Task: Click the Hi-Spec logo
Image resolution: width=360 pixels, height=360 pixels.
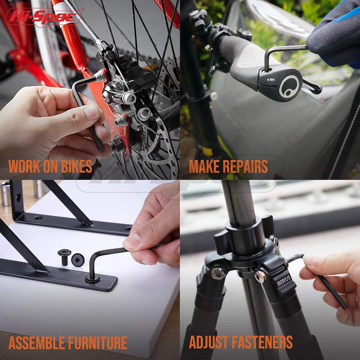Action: pos(43,18)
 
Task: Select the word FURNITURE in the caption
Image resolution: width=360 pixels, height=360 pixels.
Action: pos(98,343)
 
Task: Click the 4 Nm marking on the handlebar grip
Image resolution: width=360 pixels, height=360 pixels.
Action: pos(271,80)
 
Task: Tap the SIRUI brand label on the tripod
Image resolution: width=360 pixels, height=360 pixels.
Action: pos(284,281)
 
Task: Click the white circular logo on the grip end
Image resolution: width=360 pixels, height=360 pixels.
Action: pos(289,86)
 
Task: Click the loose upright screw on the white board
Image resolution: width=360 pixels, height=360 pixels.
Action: pos(64,257)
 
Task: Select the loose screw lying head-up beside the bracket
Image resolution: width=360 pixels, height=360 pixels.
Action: pos(78,260)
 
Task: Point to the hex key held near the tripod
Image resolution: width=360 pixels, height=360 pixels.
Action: pos(317,279)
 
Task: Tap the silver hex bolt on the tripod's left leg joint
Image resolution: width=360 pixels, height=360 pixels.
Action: pos(218,272)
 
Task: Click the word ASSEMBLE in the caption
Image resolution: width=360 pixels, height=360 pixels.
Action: pos(37,343)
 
